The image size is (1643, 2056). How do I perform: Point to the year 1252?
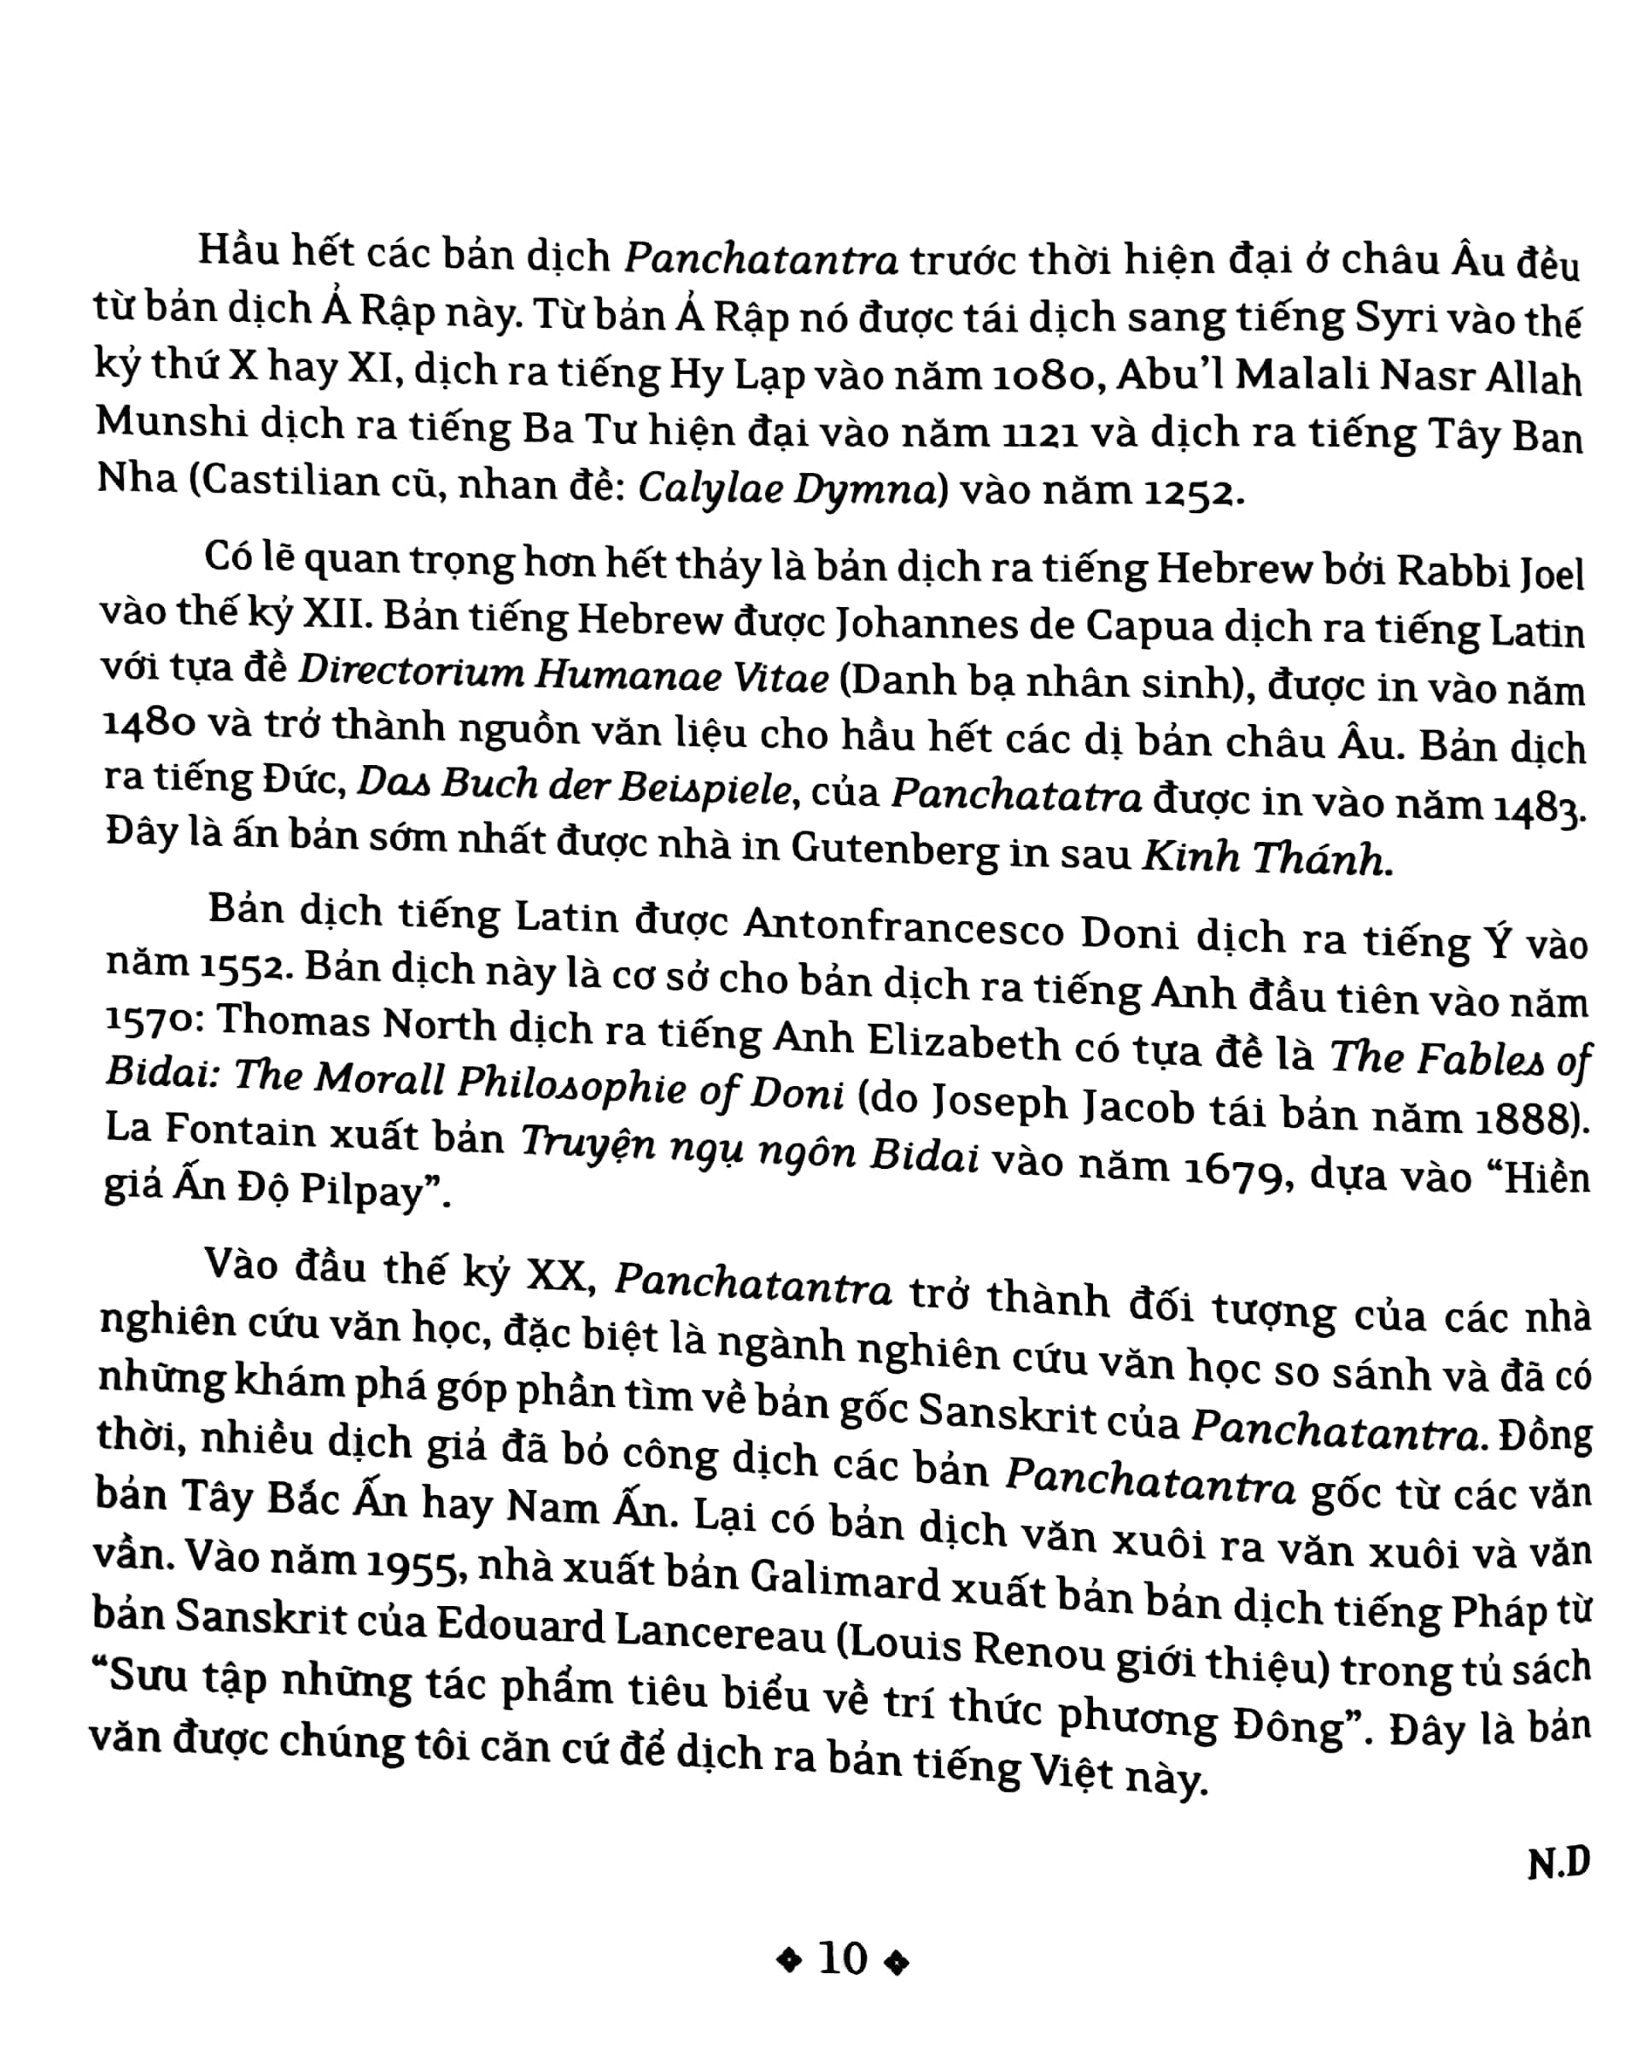click(x=1192, y=492)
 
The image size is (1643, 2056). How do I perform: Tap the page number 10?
click(x=843, y=1959)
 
